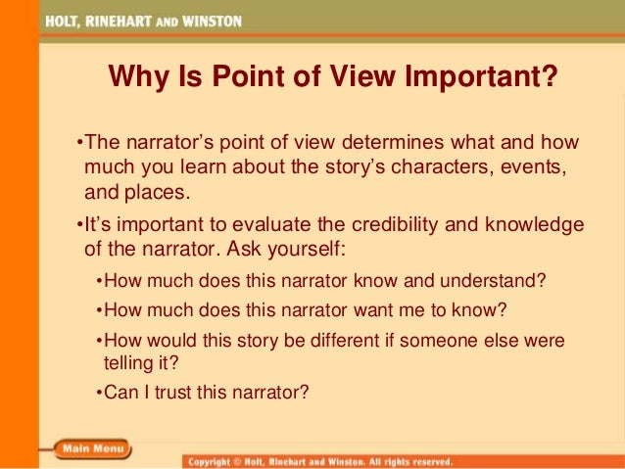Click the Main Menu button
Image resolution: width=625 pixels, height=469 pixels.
tap(92, 449)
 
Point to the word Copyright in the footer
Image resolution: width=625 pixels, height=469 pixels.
tap(214, 460)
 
